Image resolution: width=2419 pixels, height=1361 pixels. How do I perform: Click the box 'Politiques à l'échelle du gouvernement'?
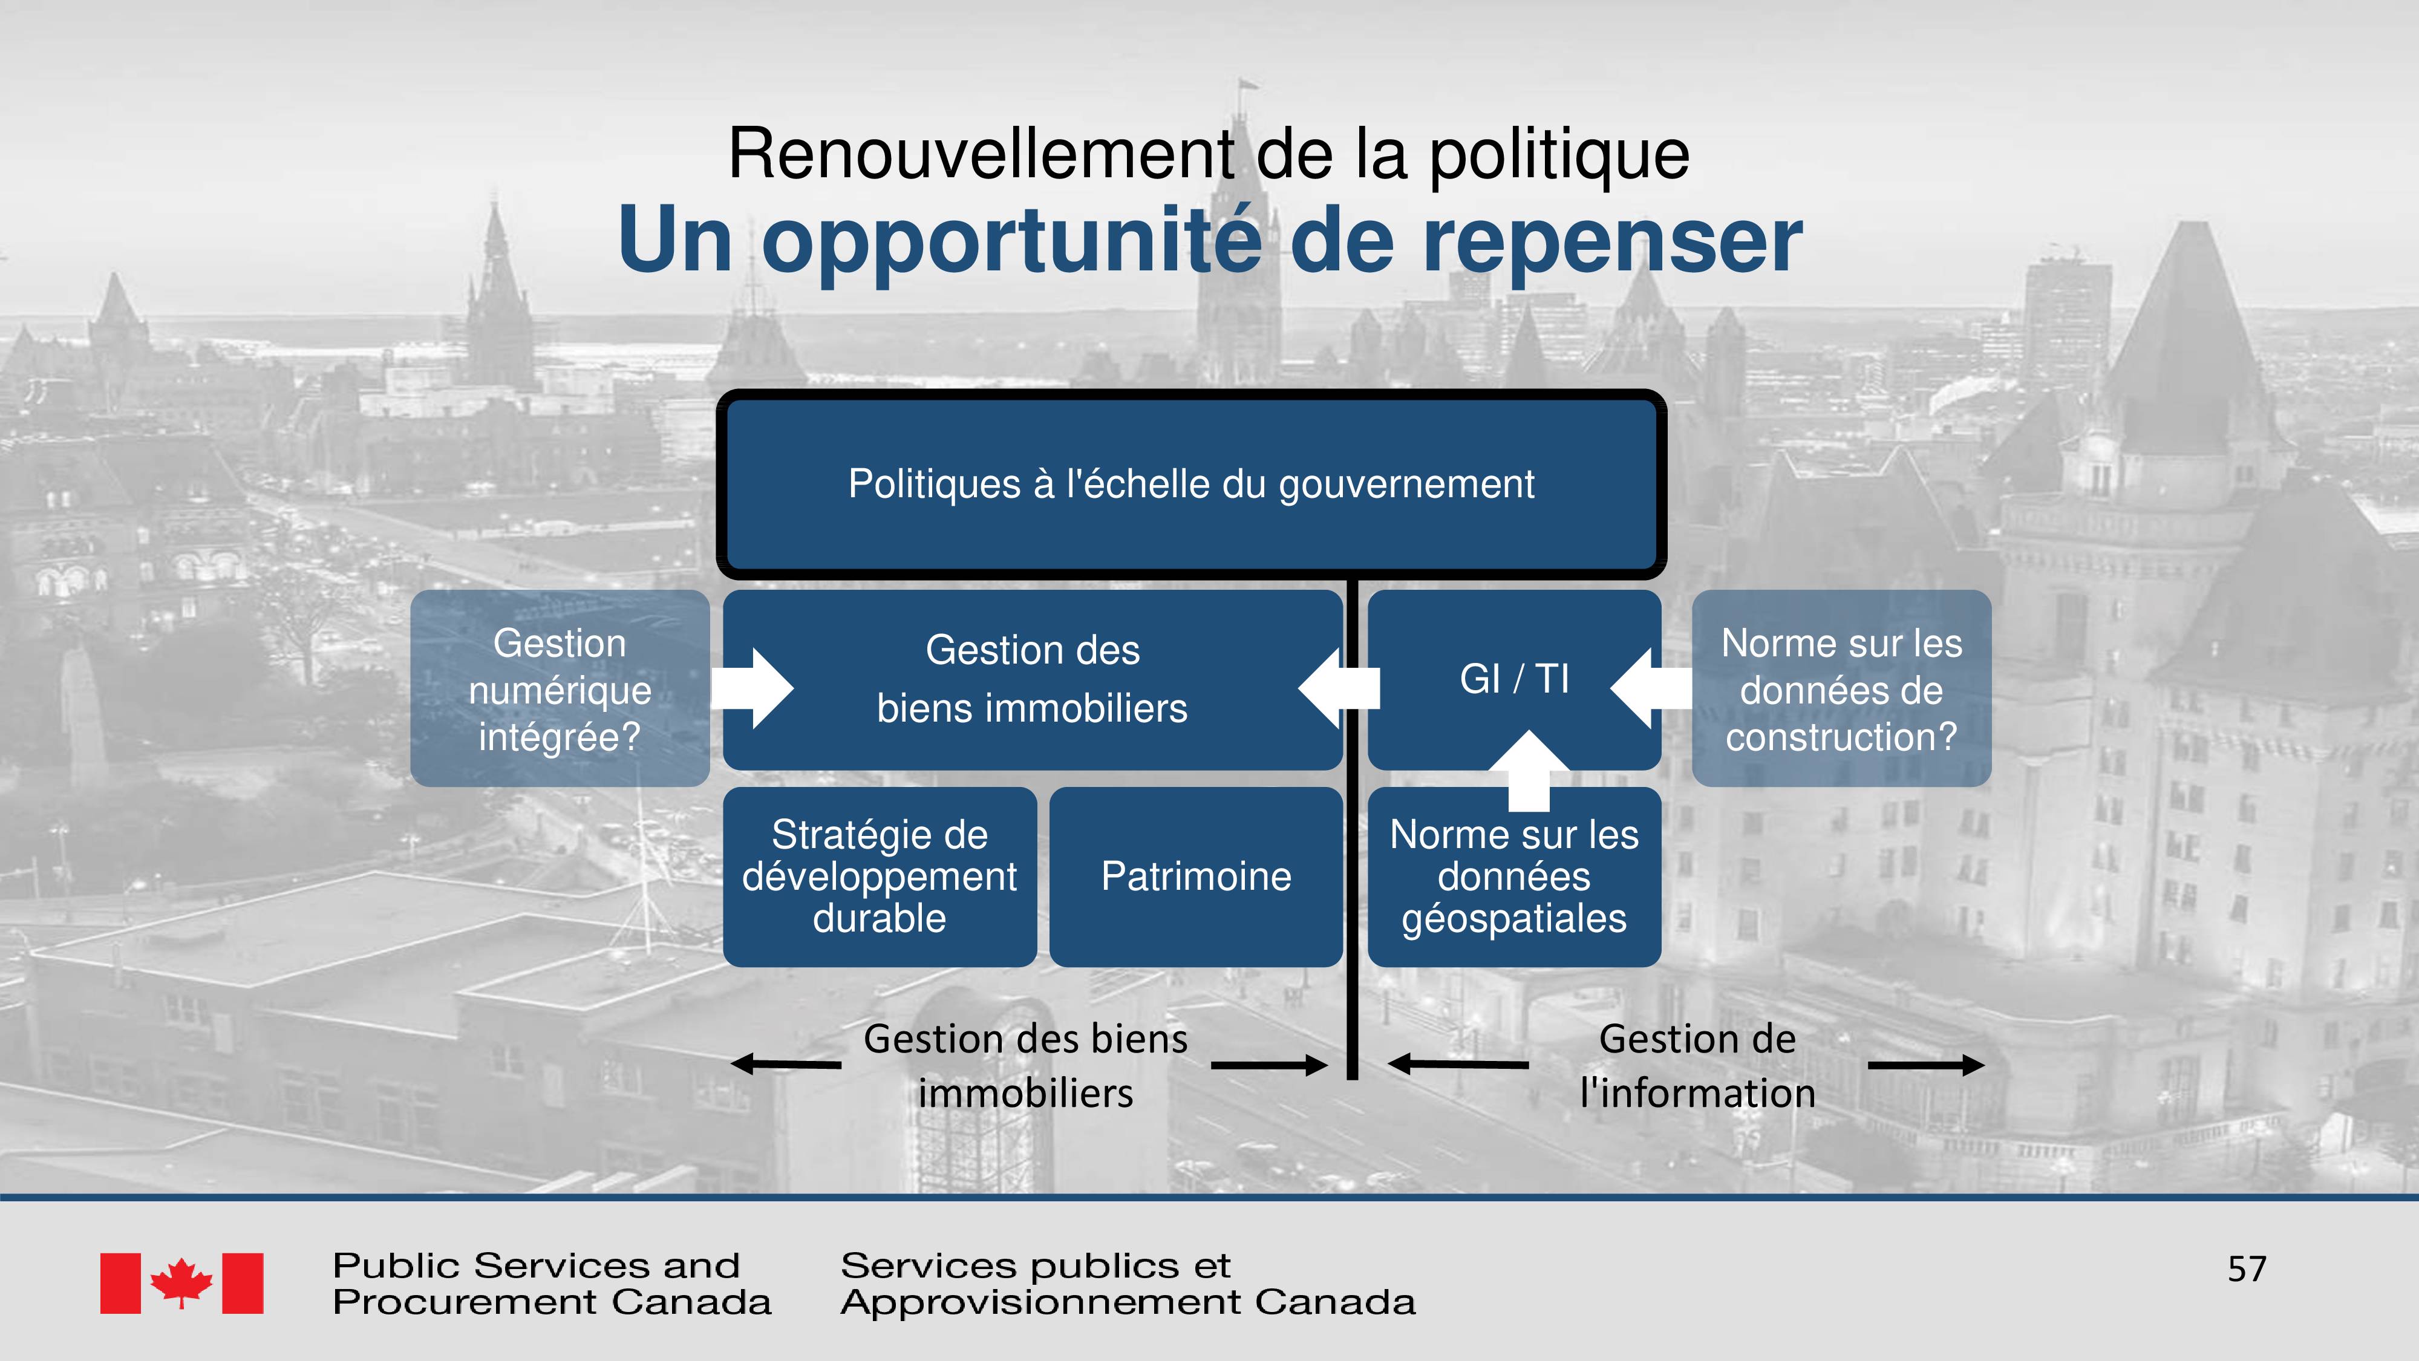(x=1190, y=484)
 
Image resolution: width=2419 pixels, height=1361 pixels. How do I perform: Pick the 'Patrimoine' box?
(x=1195, y=876)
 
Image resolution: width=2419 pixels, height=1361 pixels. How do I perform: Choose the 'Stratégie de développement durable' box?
(x=880, y=876)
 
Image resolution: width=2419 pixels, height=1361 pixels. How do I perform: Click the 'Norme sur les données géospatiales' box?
(x=1513, y=876)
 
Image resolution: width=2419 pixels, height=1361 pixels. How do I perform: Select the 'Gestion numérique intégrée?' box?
(x=560, y=688)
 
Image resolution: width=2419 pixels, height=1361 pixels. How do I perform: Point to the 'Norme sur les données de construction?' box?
(x=1841, y=688)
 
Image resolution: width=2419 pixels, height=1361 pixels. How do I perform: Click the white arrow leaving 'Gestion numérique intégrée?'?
(x=752, y=688)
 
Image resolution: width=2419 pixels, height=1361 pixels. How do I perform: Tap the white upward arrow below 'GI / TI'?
(x=1529, y=770)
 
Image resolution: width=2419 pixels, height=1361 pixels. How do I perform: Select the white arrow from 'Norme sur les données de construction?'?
(x=1651, y=688)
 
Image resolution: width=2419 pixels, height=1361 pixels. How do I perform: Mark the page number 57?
(x=2246, y=1269)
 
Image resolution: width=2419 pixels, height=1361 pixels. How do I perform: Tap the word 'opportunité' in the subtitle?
(x=1012, y=241)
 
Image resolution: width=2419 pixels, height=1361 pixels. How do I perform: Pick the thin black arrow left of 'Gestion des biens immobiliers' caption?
(x=786, y=1064)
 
